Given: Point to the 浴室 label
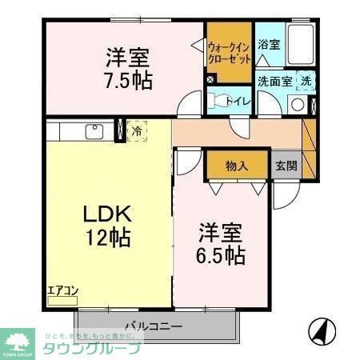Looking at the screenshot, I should [269, 45].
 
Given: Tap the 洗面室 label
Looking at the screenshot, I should [274, 81].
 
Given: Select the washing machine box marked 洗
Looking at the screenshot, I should [306, 80].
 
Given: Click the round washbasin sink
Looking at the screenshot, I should [298, 104].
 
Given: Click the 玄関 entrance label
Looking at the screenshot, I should [286, 166].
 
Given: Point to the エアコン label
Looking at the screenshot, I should [62, 291].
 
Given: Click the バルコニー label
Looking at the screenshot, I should [154, 326].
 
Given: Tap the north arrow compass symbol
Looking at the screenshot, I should [319, 330].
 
